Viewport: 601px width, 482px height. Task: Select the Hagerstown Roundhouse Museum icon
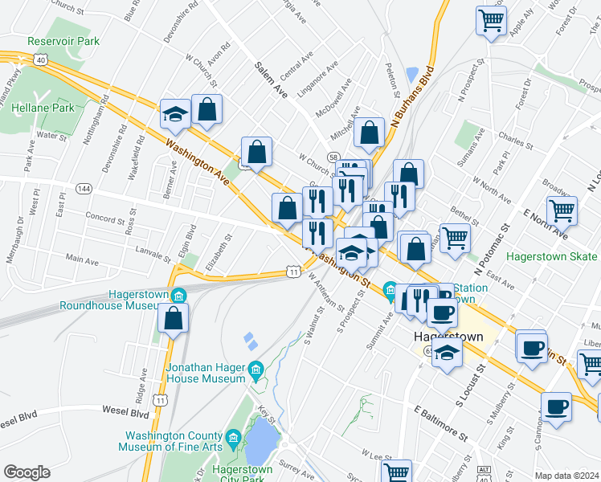[178, 295]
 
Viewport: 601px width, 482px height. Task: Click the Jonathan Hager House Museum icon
[256, 370]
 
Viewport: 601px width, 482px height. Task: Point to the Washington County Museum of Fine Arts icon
[233, 438]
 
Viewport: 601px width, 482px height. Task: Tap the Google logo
[27, 472]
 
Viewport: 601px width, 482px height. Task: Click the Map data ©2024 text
[567, 476]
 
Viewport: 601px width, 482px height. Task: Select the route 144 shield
[82, 187]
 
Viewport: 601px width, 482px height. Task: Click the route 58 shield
[332, 157]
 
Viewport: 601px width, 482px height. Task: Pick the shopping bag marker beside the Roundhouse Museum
[174, 320]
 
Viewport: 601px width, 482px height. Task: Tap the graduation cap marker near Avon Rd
[174, 115]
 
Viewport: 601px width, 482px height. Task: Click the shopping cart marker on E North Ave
[562, 211]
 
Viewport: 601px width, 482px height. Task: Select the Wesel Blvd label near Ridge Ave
[125, 412]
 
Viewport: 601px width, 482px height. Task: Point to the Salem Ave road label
[271, 81]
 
